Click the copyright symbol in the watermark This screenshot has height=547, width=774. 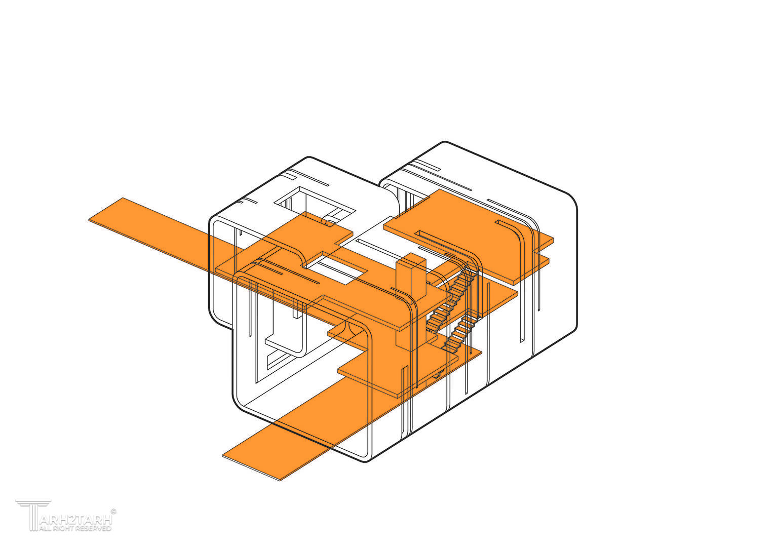(113, 512)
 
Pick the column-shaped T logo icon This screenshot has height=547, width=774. (33, 516)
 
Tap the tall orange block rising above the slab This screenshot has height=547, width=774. (410, 277)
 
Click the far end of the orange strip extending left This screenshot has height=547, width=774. (107, 209)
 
